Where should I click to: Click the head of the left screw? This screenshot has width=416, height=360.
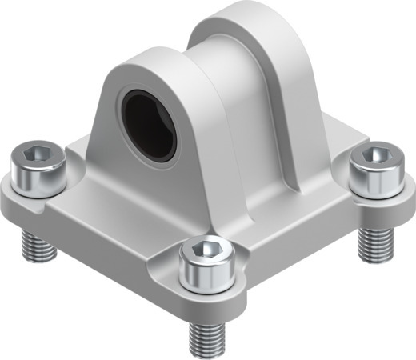point(37,163)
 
